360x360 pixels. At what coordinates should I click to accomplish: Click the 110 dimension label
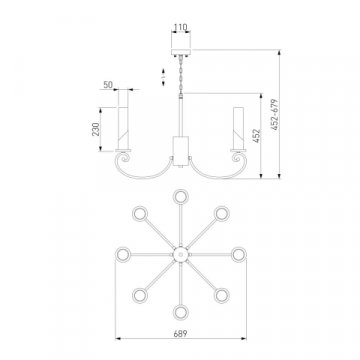181,27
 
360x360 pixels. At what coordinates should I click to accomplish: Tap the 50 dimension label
108,85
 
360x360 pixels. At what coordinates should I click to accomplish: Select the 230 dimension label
96,129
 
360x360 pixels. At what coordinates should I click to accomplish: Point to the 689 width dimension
180,333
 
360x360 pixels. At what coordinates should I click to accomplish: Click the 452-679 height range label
274,114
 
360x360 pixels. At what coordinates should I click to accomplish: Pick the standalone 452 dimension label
256,136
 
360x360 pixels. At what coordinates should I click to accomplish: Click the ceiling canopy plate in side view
181,52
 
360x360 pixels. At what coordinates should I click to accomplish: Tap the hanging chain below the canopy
181,75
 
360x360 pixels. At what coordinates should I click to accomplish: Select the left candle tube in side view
123,128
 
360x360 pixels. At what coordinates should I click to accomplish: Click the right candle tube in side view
238,128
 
